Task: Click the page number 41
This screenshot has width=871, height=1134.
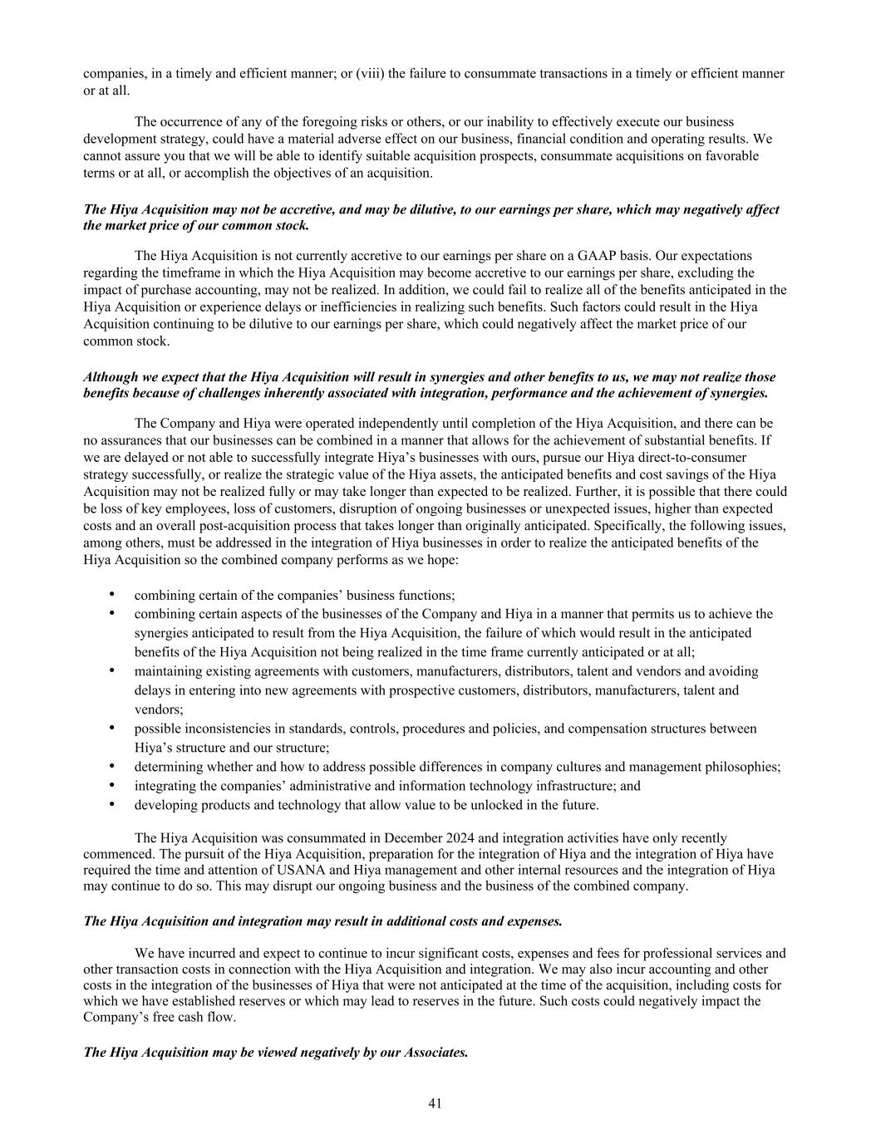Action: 435,1103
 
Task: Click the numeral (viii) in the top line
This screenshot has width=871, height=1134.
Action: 370,73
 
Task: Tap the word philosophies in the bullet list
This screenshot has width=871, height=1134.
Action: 746,767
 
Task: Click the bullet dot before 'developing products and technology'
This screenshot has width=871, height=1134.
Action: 111,804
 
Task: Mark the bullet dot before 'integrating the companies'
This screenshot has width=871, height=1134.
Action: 111,785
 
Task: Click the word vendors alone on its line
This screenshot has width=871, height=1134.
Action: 158,709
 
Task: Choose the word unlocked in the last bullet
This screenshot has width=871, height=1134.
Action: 480,804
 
